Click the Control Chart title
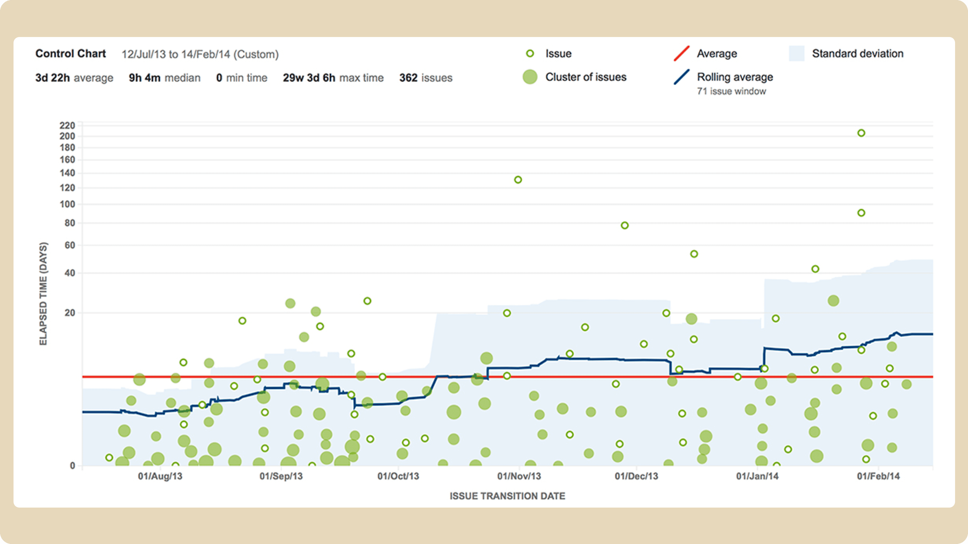pyautogui.click(x=71, y=54)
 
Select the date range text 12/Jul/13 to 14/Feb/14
pyautogui.click(x=176, y=54)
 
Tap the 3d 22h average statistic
pyautogui.click(x=74, y=78)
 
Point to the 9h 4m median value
pyautogui.click(x=165, y=78)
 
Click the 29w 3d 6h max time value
pyautogui.click(x=333, y=78)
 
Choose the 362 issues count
pyautogui.click(x=426, y=78)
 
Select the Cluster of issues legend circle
pyautogui.click(x=530, y=77)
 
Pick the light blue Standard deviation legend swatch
pyautogui.click(x=797, y=53)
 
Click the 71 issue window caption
pyautogui.click(x=731, y=91)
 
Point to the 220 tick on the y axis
pyautogui.click(x=67, y=125)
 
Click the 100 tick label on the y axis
pyautogui.click(x=67, y=204)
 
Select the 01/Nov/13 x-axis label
pyautogui.click(x=519, y=476)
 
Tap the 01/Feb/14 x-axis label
pyautogui.click(x=878, y=476)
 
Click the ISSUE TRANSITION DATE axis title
pyautogui.click(x=507, y=496)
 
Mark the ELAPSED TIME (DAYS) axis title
pyautogui.click(x=43, y=294)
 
